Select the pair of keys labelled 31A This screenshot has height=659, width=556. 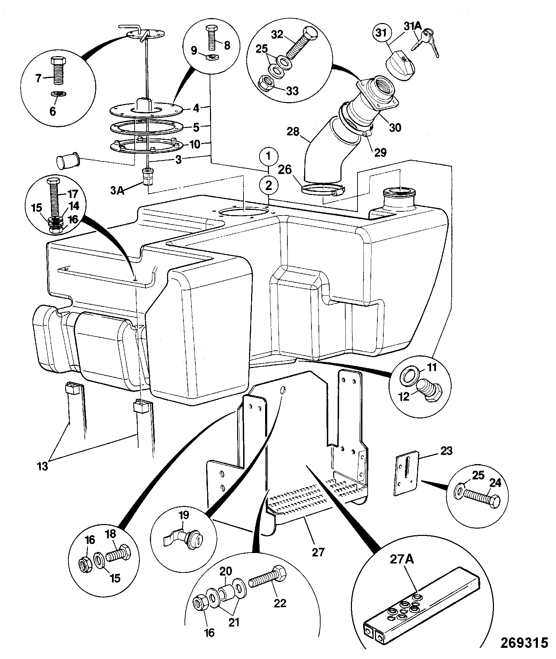coord(426,42)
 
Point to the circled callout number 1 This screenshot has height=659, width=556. coord(268,157)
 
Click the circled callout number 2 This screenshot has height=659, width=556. coord(268,185)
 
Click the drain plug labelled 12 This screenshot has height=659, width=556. coord(429,392)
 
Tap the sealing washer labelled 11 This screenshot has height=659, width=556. coord(408,376)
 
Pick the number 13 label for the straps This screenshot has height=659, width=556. coord(43,466)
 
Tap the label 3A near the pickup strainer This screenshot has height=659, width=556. coord(118,191)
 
